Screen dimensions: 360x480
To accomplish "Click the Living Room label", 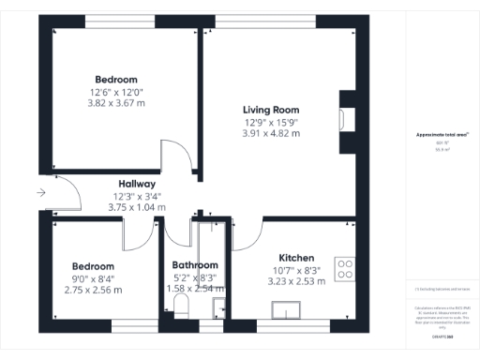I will click(271, 110).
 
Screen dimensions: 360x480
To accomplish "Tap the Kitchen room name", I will click(296, 258).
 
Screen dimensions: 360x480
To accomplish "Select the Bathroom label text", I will click(197, 265).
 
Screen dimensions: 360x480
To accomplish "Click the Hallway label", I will click(137, 184).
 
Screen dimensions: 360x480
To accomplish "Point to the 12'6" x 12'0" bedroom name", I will click(116, 79).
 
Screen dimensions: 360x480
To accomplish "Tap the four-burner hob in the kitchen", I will click(345, 269).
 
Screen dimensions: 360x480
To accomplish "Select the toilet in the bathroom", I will click(181, 310).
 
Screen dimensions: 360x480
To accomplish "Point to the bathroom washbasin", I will click(218, 307).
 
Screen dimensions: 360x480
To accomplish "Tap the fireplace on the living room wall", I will click(344, 118).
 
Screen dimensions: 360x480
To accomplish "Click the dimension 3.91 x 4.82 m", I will click(271, 134).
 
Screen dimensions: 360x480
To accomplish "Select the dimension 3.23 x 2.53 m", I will click(296, 281).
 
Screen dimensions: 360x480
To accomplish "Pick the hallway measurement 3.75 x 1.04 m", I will click(137, 207).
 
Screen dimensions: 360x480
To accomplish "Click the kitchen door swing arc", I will click(247, 233).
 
